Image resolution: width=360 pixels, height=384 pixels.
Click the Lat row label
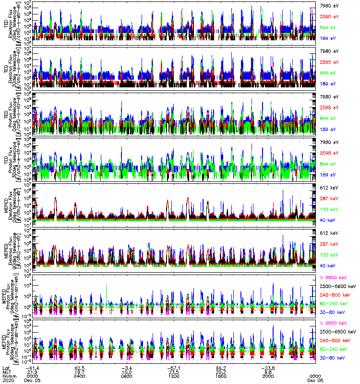[6, 367]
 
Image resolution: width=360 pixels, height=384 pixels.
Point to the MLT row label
[6, 371]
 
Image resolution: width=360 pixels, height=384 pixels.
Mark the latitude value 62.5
[80, 367]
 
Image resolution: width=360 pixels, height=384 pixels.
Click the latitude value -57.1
[174, 367]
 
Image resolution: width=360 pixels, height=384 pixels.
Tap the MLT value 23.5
[174, 371]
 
